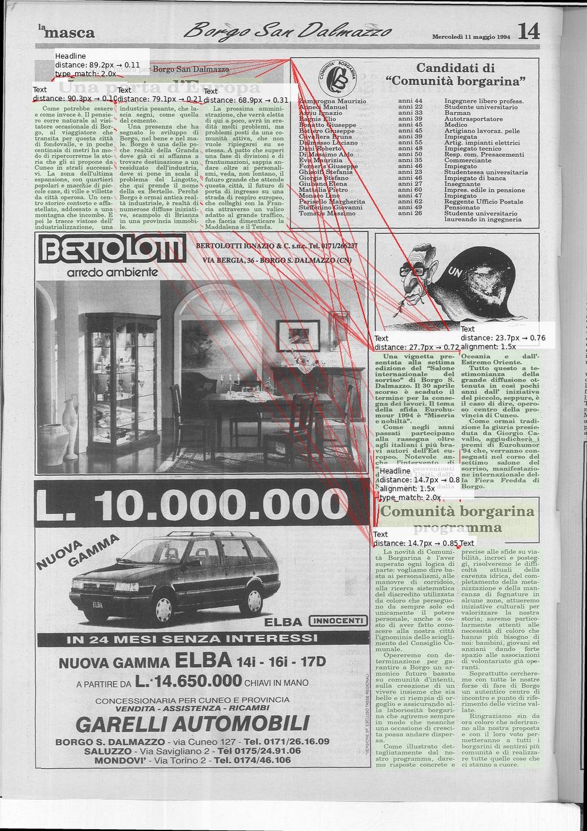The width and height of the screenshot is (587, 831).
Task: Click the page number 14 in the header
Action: point(529,31)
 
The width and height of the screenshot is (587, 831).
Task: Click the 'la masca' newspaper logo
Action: point(66,32)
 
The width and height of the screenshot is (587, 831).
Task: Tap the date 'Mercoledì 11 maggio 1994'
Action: point(471,36)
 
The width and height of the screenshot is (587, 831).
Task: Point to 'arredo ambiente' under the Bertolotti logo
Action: point(112,272)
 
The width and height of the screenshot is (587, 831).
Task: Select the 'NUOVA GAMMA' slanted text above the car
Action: point(78,553)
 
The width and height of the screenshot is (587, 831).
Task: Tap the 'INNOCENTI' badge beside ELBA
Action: point(338,621)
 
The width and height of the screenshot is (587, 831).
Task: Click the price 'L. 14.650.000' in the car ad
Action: point(188,681)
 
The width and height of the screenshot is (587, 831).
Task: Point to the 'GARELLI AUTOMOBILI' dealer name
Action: point(192,724)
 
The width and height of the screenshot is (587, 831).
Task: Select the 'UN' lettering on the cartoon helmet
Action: point(455,272)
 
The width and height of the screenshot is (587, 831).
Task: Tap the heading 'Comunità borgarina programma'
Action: point(457,519)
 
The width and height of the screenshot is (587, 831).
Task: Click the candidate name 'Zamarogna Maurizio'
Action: point(333,102)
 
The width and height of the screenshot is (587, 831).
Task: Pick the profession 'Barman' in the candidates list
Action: point(457,113)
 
